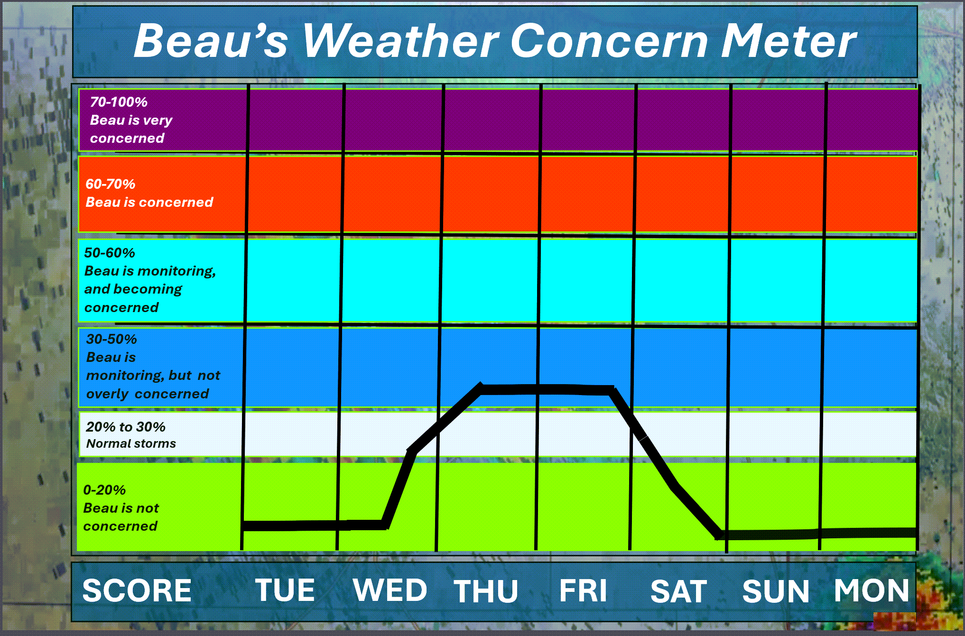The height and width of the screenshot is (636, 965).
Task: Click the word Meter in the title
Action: pyautogui.click(x=789, y=41)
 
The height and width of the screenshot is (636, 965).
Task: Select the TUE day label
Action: pyautogui.click(x=285, y=590)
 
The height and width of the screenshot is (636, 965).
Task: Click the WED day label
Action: pyautogui.click(x=390, y=590)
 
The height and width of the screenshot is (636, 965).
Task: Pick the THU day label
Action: pyautogui.click(x=486, y=591)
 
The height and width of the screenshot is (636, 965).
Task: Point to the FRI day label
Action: pyautogui.click(x=583, y=590)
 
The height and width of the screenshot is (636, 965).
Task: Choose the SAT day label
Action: pyautogui.click(x=678, y=591)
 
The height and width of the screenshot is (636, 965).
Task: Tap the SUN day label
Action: pyautogui.click(x=776, y=591)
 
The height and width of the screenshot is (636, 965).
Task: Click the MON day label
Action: pyautogui.click(x=872, y=590)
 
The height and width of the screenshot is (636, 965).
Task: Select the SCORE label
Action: pyautogui.click(x=137, y=590)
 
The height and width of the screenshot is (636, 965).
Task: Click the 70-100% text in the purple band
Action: pyautogui.click(x=119, y=102)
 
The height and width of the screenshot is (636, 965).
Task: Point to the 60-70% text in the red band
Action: pyautogui.click(x=110, y=184)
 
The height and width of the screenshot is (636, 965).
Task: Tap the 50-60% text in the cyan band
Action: pyautogui.click(x=110, y=253)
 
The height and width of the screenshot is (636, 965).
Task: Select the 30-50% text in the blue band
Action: pyautogui.click(x=111, y=339)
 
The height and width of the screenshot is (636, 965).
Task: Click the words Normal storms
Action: pyautogui.click(x=131, y=443)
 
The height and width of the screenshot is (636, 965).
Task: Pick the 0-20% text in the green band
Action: pyautogui.click(x=104, y=490)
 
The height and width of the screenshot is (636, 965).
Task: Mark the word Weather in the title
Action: pyautogui.click(x=401, y=41)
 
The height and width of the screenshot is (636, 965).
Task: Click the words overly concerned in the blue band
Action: pyautogui.click(x=148, y=394)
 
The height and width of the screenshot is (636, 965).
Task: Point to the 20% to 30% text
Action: pyautogui.click(x=126, y=427)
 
